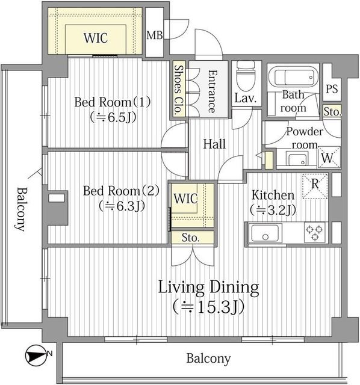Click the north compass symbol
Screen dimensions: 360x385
[x=37, y=356]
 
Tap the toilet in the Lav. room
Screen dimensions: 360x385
[x=245, y=76]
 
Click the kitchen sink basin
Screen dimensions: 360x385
[x=264, y=232]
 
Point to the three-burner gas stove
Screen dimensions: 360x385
[x=314, y=232]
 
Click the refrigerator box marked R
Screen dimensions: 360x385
[x=315, y=186]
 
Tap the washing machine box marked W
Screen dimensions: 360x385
[x=329, y=158]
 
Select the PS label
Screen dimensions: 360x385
[x=332, y=88]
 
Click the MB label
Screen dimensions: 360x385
[x=155, y=35]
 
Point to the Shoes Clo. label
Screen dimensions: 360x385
[x=179, y=90]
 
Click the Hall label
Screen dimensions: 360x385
[x=214, y=144]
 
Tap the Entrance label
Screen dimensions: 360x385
[x=213, y=91]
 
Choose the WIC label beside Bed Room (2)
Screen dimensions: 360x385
[x=185, y=198]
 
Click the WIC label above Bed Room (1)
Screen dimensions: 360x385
[x=96, y=38]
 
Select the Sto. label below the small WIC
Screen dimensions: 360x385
[x=190, y=238]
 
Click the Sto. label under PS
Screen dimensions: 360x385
[x=332, y=112]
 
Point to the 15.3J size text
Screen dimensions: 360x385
[x=208, y=306]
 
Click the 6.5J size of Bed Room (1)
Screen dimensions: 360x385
[x=113, y=118]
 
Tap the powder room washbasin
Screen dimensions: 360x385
[x=297, y=159]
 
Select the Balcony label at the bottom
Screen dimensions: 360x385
[x=208, y=359]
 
